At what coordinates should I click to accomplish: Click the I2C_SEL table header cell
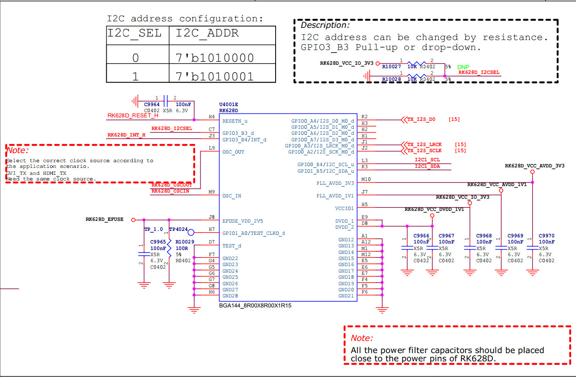(135, 33)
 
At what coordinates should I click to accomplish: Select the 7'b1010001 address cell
(215, 77)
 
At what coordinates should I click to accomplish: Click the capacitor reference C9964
(152, 104)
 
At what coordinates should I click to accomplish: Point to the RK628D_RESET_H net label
(133, 116)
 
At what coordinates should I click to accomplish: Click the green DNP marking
(463, 67)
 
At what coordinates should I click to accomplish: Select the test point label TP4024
(179, 229)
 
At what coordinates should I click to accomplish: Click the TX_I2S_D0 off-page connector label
(421, 119)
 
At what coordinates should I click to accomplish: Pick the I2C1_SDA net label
(427, 166)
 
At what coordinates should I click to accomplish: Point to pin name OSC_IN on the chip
(232, 196)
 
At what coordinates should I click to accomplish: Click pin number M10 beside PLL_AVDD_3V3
(366, 179)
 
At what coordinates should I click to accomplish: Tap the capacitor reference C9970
(546, 236)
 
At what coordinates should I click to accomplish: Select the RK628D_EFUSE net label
(104, 220)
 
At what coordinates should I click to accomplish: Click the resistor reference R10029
(185, 242)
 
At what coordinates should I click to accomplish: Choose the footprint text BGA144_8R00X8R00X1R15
(255, 306)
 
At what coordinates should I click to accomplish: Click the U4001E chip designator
(229, 105)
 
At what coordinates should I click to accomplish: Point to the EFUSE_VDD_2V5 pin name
(243, 221)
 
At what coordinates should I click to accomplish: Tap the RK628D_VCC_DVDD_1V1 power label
(434, 209)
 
